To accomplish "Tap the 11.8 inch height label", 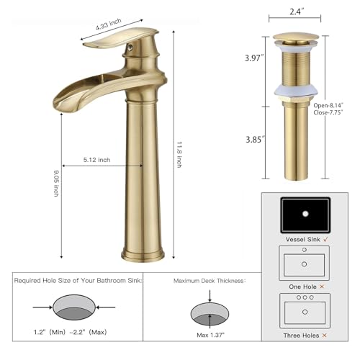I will [179, 153].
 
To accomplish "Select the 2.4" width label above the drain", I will [298, 12].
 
